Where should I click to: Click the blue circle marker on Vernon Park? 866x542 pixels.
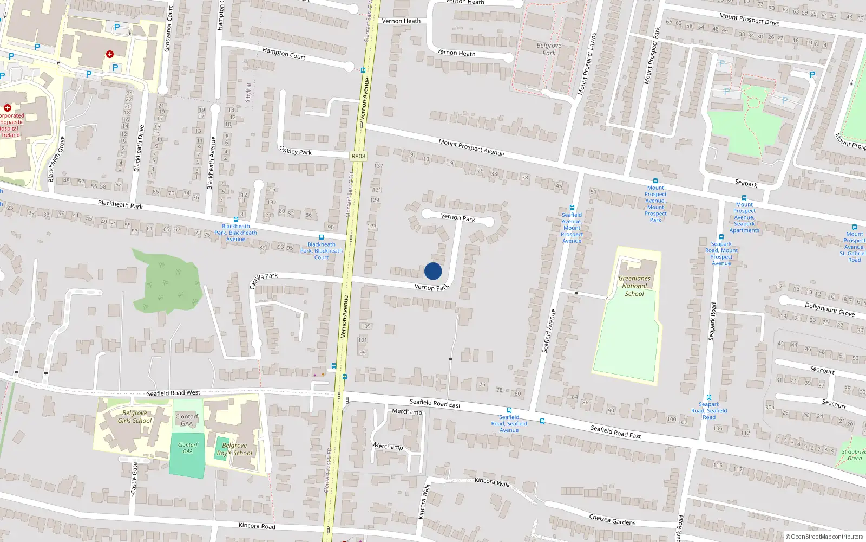pos(433,271)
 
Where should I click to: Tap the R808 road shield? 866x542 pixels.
pos(358,156)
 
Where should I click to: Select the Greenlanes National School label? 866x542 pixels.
pos(634,286)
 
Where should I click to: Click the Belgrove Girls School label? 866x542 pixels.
pos(135,416)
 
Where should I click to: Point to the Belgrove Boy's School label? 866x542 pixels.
pos(234,449)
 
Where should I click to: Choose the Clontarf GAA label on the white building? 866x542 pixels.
pos(187,420)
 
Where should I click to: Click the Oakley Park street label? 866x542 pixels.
pos(295,150)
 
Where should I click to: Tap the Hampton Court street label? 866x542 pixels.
pos(284,53)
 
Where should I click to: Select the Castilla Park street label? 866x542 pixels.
pos(263,280)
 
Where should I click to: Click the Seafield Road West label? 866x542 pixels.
pos(173,393)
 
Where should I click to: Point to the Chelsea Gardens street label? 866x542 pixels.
pos(612,520)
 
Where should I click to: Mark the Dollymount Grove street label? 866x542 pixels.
pos(829,309)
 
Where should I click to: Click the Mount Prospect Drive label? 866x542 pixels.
pos(749,20)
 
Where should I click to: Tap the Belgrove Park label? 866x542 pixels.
pos(549,49)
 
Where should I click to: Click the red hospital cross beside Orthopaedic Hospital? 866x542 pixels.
pos(8,108)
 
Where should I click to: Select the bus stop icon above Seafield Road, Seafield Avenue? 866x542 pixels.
pos(509,410)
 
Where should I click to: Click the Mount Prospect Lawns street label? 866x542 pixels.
pos(587,64)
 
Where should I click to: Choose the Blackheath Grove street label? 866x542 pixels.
pos(56,159)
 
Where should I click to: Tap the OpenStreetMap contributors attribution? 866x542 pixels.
pos(824,537)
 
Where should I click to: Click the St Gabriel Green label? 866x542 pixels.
pos(853,455)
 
